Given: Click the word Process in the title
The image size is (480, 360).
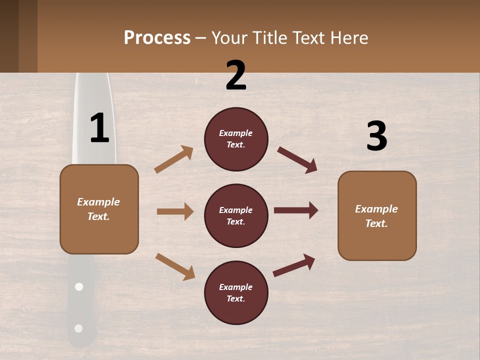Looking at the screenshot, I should [157, 38].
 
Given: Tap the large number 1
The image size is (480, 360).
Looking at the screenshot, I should [99, 128].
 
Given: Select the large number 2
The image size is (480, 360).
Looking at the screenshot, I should [236, 75].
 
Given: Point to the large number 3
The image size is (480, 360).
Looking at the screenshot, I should [376, 136].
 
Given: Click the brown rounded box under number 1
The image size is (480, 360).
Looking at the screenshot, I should [99, 209].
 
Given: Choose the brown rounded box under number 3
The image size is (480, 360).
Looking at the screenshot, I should [377, 216].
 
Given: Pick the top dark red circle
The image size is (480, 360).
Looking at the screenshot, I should [236, 139].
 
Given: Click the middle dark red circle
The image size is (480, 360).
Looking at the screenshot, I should [236, 216].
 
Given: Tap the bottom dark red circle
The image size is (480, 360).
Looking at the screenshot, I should [236, 293].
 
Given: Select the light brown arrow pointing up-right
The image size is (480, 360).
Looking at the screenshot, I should [174, 159].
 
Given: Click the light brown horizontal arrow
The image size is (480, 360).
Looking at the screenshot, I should [175, 211].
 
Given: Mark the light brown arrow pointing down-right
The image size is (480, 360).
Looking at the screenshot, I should [175, 266].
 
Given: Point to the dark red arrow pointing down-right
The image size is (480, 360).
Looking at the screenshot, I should [297, 160].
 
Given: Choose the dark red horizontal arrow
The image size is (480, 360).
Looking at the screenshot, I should [296, 210].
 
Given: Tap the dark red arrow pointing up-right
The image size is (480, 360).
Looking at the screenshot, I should [294, 265].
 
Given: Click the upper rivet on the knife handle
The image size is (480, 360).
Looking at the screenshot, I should [78, 287].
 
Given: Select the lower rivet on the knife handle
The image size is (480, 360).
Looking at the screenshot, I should [78, 328].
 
